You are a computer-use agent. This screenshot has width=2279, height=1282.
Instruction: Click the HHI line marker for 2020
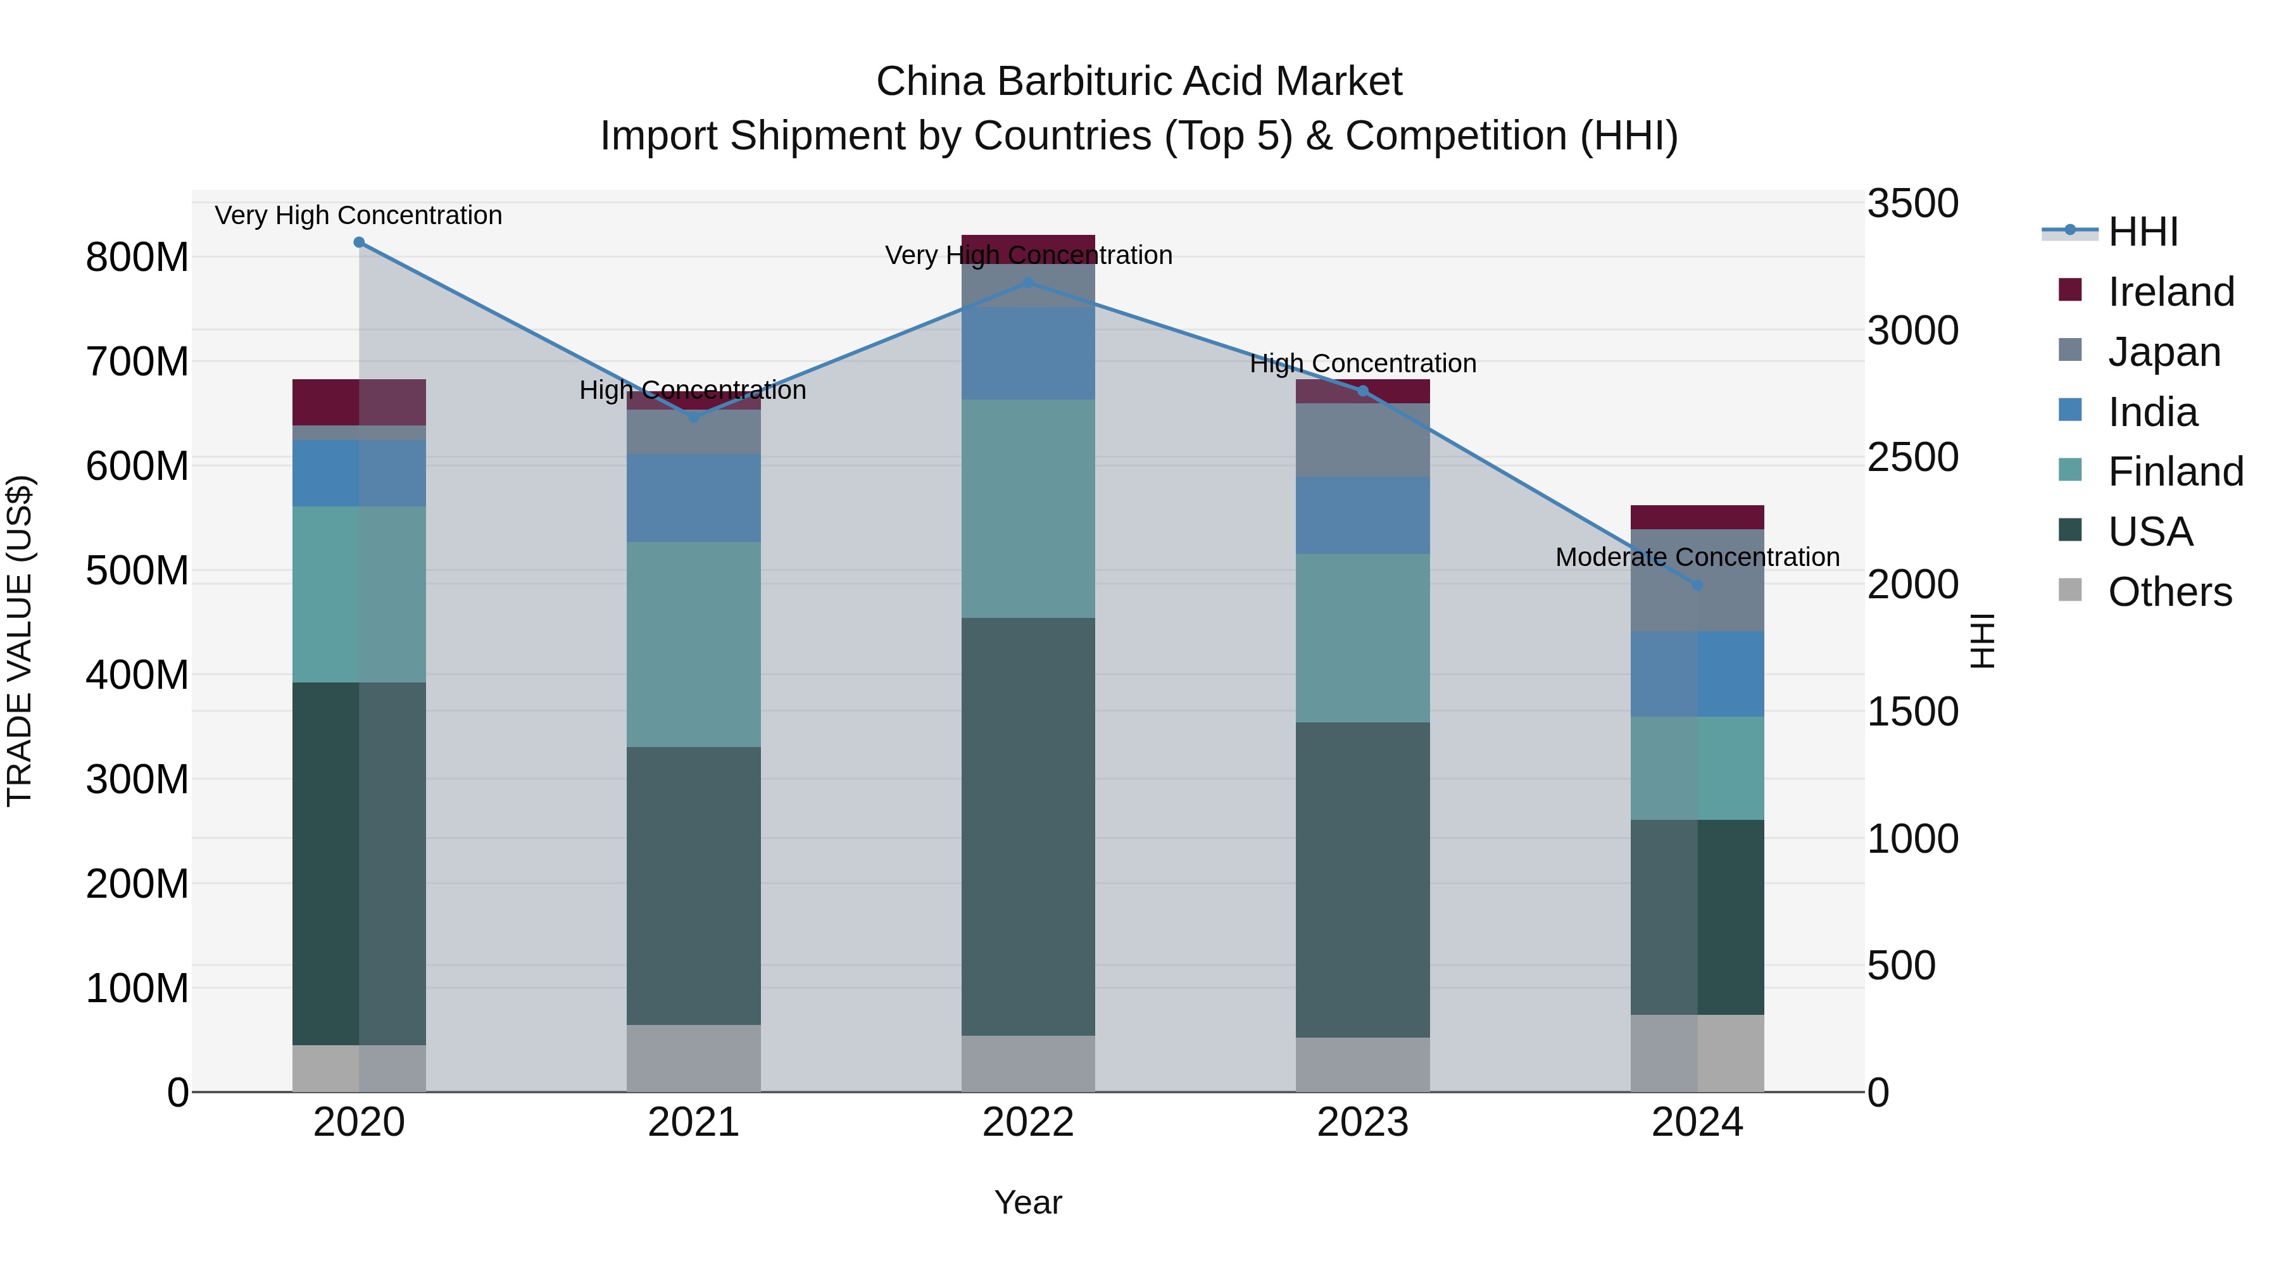(x=359, y=242)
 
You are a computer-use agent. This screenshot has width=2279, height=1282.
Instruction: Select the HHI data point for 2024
(x=1697, y=586)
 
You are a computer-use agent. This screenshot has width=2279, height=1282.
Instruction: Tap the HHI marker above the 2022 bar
(x=1028, y=283)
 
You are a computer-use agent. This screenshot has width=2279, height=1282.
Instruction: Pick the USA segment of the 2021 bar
(x=694, y=885)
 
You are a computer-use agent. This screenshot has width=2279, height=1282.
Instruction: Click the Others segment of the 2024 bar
(x=1697, y=1053)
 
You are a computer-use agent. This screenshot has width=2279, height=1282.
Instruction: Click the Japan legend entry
(x=2163, y=352)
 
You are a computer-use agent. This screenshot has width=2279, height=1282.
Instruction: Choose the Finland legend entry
(x=2175, y=472)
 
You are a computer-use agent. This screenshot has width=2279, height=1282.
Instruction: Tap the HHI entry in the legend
(x=2142, y=232)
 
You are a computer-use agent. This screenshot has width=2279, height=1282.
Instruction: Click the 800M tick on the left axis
(x=137, y=258)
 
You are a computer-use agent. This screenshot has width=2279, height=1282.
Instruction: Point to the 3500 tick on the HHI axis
(x=1912, y=203)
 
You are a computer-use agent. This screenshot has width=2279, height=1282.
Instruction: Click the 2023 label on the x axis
(x=1362, y=1122)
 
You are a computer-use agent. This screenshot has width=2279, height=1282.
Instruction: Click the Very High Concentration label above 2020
(x=358, y=215)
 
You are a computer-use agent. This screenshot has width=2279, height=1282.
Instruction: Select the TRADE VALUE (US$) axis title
(x=20, y=641)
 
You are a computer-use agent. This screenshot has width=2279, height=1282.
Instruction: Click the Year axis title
(x=1028, y=1202)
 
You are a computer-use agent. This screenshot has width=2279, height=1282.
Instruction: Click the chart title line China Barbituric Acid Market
(x=1139, y=82)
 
